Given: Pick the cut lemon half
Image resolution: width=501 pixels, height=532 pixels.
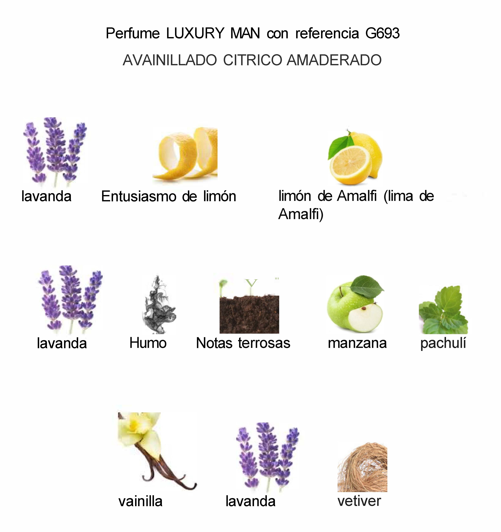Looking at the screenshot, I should coord(350,164).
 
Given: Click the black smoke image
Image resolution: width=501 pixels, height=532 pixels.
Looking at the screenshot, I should coord(158,305).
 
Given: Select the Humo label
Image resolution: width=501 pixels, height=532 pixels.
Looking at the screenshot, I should coord(148,343).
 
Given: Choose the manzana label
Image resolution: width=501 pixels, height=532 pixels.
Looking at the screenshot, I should coord(357,343).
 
